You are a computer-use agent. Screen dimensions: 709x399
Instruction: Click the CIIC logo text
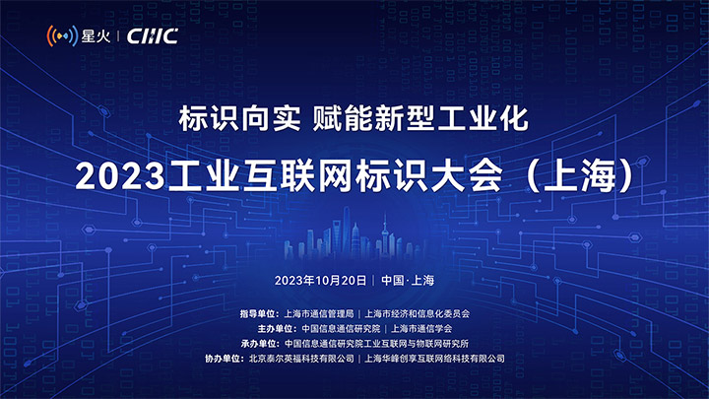[x=153, y=36]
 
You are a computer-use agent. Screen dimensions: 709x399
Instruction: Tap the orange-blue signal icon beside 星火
[x=62, y=35]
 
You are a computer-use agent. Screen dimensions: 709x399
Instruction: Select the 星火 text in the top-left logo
[x=96, y=36]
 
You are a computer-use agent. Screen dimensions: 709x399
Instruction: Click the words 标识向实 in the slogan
[x=239, y=118]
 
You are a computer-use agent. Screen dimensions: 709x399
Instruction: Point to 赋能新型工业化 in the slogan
[x=420, y=118]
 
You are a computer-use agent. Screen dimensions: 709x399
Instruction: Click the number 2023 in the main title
[x=120, y=176]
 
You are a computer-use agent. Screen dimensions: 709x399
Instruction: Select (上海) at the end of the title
[x=582, y=175]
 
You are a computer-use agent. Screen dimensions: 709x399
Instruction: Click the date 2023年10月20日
[x=320, y=281]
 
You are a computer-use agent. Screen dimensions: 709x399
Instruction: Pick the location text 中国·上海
[x=408, y=281]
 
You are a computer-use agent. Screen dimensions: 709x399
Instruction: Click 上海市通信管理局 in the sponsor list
[x=318, y=313]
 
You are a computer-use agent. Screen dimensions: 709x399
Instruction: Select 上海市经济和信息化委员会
[x=417, y=313]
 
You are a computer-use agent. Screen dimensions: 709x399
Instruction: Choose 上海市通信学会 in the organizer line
[x=421, y=328]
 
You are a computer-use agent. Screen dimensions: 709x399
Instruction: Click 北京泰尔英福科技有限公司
[x=301, y=359]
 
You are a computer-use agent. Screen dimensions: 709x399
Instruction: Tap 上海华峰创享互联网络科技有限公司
[x=434, y=359]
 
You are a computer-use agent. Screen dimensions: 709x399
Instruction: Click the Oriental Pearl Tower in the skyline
[x=385, y=235]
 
